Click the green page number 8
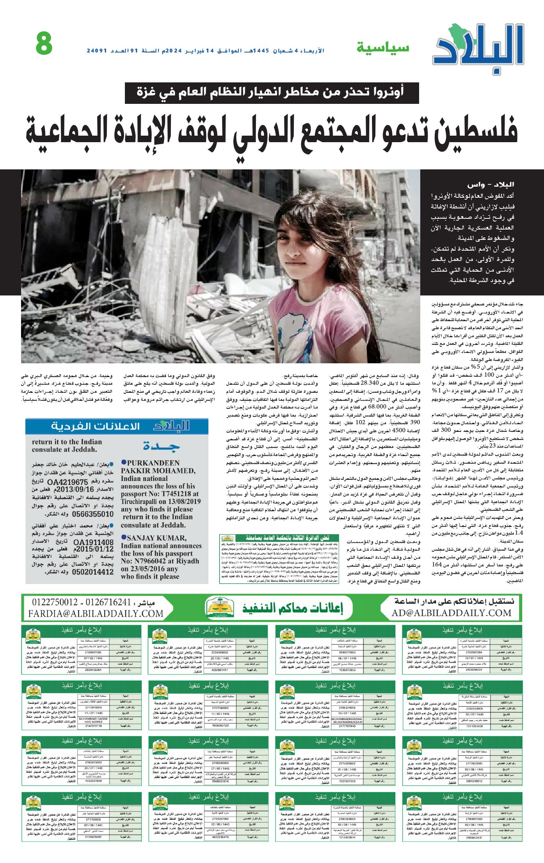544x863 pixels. pyautogui.click(x=44, y=44)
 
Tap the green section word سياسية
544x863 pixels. pyautogui.click(x=383, y=48)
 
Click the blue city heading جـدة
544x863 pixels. pyautogui.click(x=161, y=446)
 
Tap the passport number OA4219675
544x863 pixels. pyautogui.click(x=68, y=482)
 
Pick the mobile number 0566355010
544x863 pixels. pyautogui.click(x=93, y=514)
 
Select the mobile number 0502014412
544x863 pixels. pyautogui.click(x=93, y=572)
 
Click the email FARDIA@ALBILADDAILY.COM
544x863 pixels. pyautogui.click(x=96, y=614)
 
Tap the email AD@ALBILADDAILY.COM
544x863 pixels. pyautogui.click(x=451, y=613)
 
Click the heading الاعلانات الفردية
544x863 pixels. pyautogui.click(x=95, y=427)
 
